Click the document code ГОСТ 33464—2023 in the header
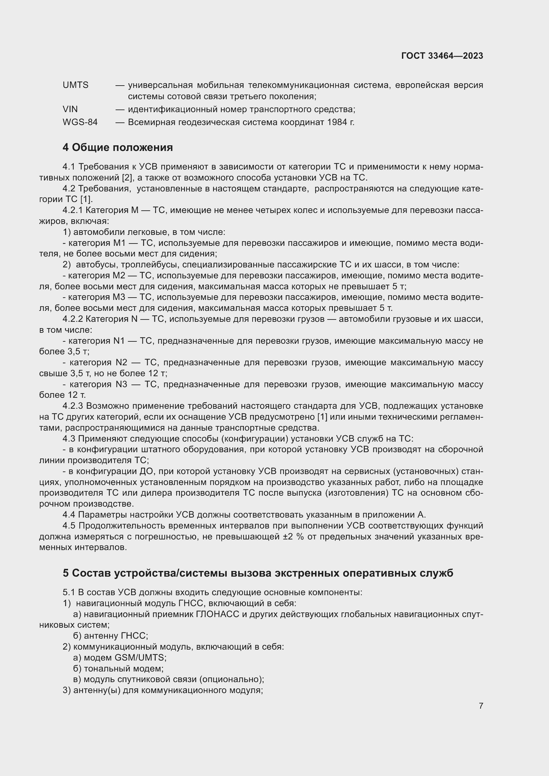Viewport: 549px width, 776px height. point(442,56)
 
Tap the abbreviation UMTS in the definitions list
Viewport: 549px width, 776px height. point(75,85)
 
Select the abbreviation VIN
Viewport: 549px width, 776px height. point(70,109)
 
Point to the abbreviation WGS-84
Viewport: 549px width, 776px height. point(80,122)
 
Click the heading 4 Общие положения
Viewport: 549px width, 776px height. point(118,147)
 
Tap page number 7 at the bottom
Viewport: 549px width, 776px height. point(481,706)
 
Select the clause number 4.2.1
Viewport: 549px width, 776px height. point(72,210)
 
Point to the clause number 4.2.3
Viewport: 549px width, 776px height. point(72,406)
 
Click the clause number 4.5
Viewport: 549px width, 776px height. point(69,526)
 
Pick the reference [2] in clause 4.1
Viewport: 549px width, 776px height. point(127,178)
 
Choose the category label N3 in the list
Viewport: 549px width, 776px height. point(121,384)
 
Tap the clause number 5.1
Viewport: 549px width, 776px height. point(69,593)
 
